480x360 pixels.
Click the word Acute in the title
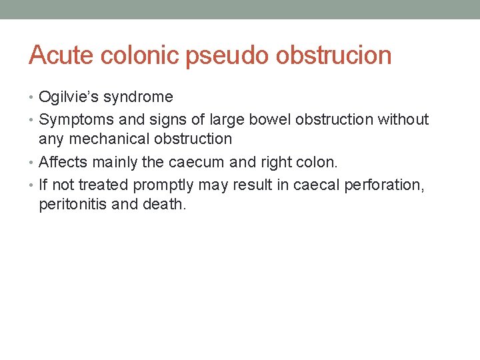[63, 55]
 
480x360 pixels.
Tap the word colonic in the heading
[141, 55]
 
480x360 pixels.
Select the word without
[403, 119]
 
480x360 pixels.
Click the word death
[165, 204]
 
